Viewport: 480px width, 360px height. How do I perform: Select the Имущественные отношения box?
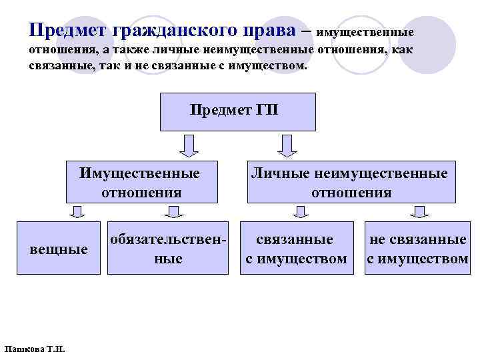142,182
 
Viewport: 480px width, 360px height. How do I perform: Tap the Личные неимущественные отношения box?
351,182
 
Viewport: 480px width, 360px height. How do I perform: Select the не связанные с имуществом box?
417,248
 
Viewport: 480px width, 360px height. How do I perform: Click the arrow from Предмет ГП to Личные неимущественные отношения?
288,145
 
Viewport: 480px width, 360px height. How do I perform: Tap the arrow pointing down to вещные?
77,211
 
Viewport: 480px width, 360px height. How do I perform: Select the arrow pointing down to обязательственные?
174,211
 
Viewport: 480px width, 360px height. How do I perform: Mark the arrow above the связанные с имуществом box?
301,211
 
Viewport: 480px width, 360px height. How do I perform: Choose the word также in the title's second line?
121,52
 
